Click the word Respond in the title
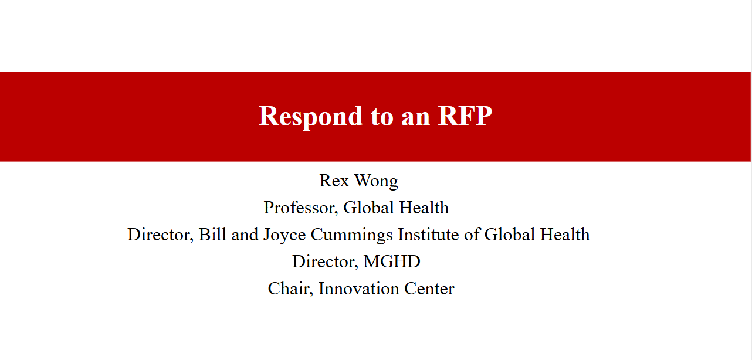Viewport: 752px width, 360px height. tap(310, 117)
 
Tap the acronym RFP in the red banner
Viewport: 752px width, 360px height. tap(465, 116)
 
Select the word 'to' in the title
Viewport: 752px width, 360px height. tap(382, 117)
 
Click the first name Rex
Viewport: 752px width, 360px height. tap(334, 181)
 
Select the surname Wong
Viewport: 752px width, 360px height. tap(377, 182)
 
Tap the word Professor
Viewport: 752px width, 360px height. tap(300, 208)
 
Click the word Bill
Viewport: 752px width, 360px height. tap(212, 235)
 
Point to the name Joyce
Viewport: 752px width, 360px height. tap(284, 236)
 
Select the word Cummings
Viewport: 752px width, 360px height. tap(351, 236)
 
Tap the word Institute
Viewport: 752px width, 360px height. tap(428, 235)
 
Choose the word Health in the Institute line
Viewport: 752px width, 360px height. tap(565, 235)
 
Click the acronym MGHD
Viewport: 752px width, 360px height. tap(392, 261)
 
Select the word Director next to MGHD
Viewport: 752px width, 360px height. tap(325, 262)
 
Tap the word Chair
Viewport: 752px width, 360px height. tap(290, 289)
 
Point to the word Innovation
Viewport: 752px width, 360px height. tap(358, 289)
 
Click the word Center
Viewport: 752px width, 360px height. tap(429, 289)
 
